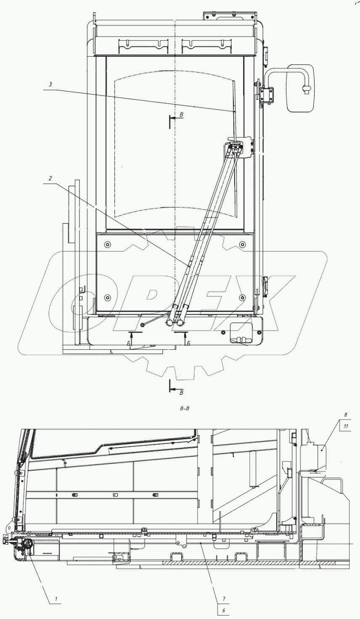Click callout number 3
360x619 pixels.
pos(50,85)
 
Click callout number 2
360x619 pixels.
pos(50,179)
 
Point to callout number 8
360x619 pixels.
pos(346,415)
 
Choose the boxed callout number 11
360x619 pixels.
pos(346,426)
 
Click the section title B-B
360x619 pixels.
pos(184,408)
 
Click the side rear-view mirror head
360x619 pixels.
pos(301,88)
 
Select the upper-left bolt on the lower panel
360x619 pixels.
pos(108,244)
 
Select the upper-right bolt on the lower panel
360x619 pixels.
pos(242,244)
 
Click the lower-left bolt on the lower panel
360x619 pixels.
pos(108,297)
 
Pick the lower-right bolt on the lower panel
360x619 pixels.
pos(242,297)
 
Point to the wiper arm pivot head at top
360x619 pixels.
pos(235,148)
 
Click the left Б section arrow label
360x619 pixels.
pos(128,344)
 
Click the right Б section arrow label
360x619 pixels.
pos(188,344)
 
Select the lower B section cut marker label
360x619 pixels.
pos(182,392)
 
